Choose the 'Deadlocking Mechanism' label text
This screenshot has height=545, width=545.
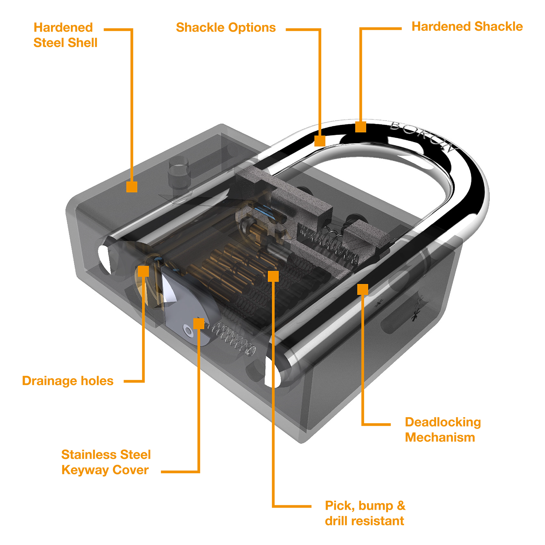(x=441, y=429)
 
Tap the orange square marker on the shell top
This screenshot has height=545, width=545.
(x=132, y=187)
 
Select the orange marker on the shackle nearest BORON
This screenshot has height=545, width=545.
(x=360, y=127)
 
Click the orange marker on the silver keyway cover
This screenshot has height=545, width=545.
(x=198, y=323)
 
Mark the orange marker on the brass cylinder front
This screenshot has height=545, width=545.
(x=144, y=271)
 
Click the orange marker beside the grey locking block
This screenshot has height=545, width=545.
(x=362, y=290)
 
